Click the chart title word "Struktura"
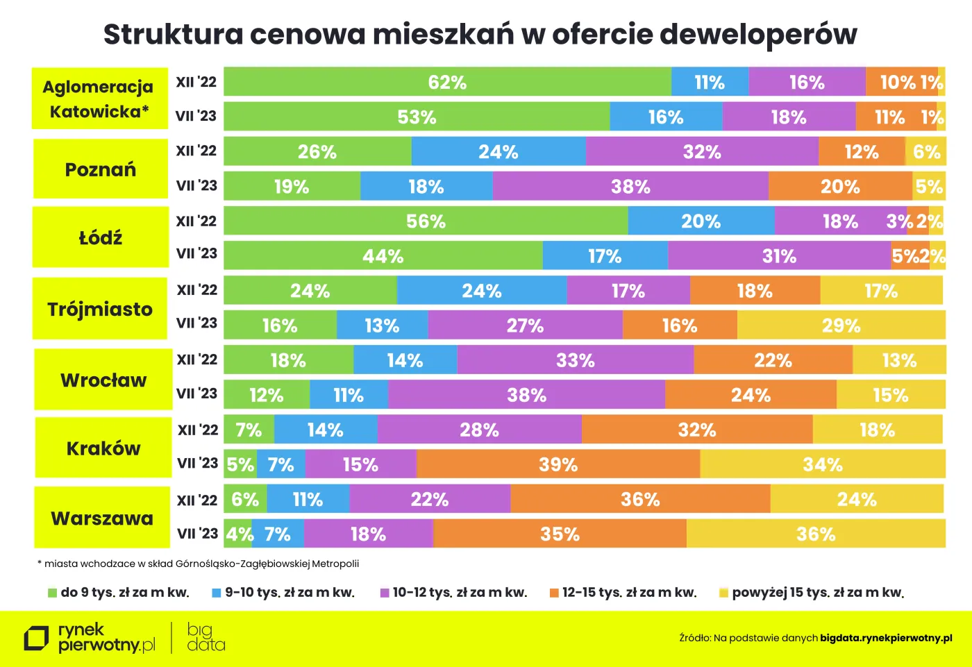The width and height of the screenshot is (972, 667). [x=173, y=34]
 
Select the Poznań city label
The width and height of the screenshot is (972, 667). [x=101, y=169]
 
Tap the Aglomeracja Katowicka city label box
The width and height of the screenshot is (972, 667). [x=99, y=99]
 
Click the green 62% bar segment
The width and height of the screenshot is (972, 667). [x=447, y=83]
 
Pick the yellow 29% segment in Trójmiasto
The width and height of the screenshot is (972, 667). [x=841, y=326]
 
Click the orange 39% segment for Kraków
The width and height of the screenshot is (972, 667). [x=558, y=464]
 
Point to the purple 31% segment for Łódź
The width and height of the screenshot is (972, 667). [x=779, y=256]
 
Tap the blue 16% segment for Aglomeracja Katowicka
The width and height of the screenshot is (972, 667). [x=666, y=117]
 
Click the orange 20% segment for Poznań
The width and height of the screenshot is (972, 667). [x=840, y=187]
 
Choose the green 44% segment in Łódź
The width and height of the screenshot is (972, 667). [x=383, y=256]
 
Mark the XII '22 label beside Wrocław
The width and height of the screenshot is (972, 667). [x=197, y=360]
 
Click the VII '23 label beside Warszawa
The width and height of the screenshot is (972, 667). [x=197, y=533]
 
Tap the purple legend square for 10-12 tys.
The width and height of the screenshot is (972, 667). [x=384, y=593]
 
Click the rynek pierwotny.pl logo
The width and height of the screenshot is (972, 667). [x=90, y=638]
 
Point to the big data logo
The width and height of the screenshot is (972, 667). [x=206, y=638]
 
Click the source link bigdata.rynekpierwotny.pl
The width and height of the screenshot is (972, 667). [x=886, y=638]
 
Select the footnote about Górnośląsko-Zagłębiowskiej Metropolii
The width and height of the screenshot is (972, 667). [x=199, y=564]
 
